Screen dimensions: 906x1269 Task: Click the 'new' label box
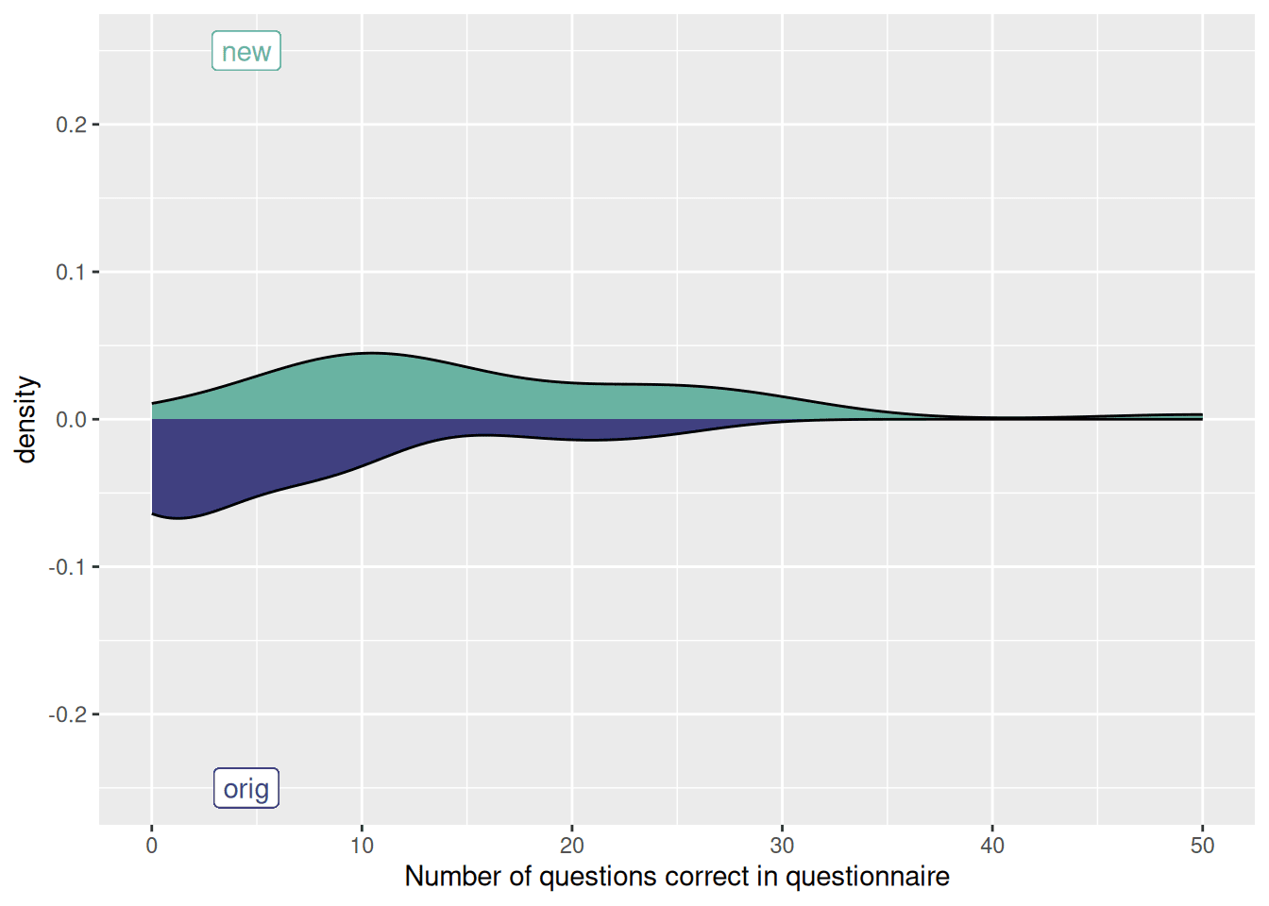245,51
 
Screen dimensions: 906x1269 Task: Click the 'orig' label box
245,788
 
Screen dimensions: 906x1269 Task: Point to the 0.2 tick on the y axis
71,125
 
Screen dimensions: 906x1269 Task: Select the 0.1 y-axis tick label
71,272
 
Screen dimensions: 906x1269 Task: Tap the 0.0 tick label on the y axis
71,419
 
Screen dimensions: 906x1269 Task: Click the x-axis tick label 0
152,846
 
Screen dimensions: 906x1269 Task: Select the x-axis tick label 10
362,846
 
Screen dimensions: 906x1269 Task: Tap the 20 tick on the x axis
572,846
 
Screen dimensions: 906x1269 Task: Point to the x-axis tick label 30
782,846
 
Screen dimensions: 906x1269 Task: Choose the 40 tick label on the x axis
992,846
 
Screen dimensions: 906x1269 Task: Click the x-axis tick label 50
1202,846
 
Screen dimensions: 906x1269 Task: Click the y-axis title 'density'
25,419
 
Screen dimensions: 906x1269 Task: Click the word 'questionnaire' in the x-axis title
868,877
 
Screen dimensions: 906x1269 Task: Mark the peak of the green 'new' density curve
370,353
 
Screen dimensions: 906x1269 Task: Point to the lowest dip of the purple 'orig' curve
177,518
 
